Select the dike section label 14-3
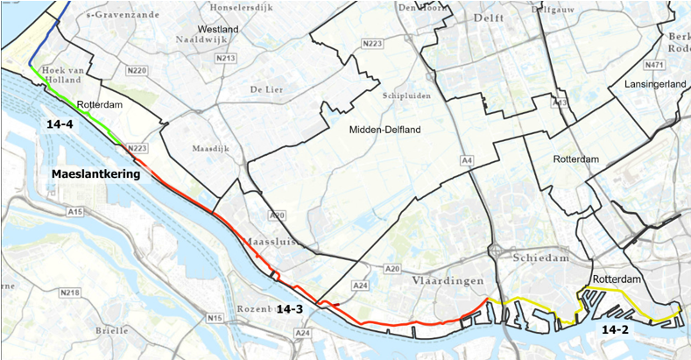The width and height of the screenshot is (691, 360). pos(289,309)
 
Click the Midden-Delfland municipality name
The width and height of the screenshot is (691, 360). pos(385,130)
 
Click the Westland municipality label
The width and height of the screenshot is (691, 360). pos(218,29)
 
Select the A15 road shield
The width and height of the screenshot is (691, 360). pos(74,211)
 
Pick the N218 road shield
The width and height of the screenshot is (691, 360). pos(71,293)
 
